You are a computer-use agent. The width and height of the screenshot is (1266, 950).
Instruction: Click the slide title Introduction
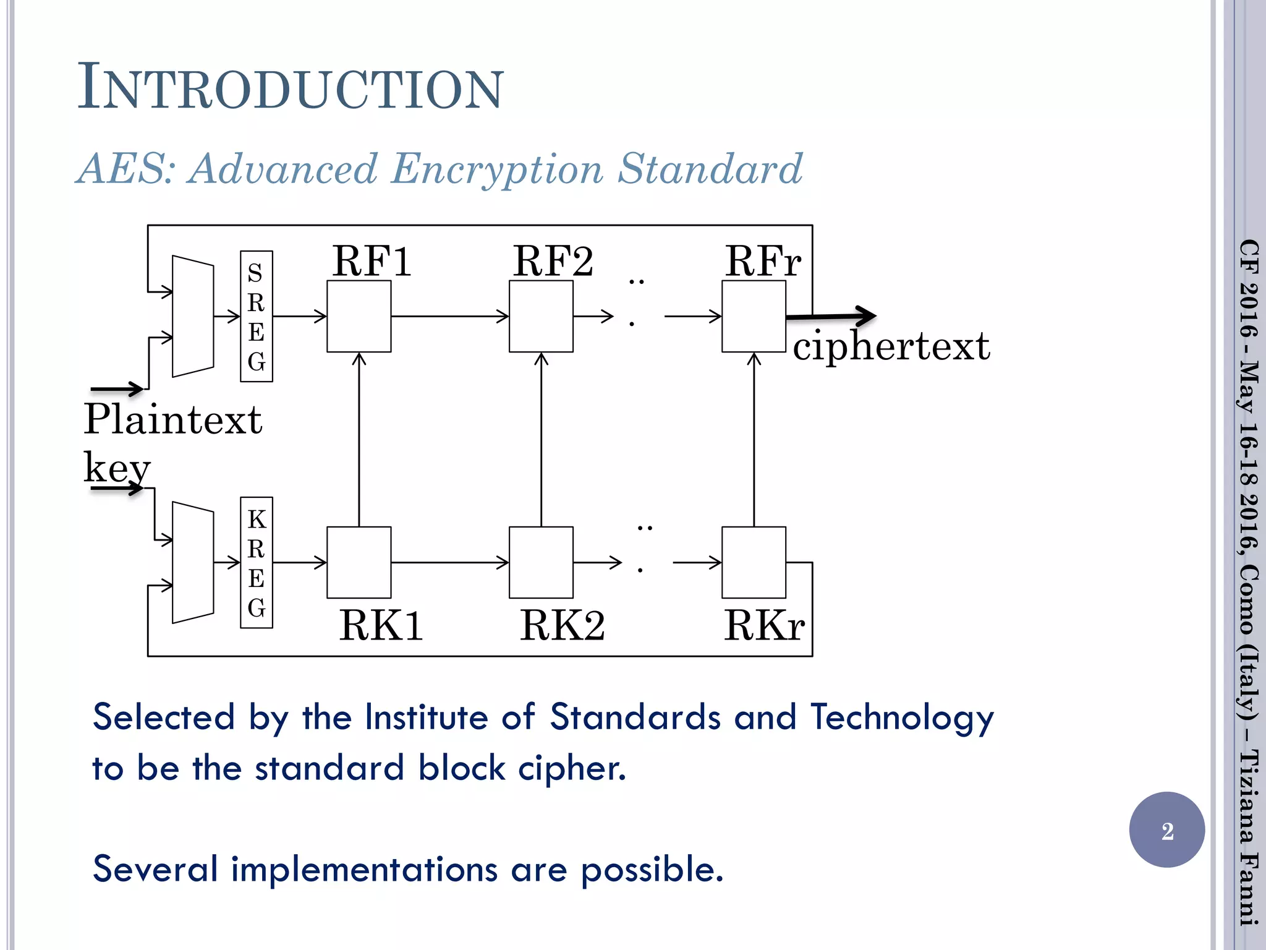tap(291, 88)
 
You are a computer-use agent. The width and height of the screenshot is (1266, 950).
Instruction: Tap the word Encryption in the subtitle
tap(497, 169)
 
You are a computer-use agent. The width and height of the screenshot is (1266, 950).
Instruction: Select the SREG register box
tap(256, 316)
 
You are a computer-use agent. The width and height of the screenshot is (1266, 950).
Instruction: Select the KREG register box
tap(256, 562)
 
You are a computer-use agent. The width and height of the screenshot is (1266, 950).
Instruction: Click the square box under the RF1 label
tap(359, 316)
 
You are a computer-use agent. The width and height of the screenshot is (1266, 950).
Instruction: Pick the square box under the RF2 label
tap(541, 316)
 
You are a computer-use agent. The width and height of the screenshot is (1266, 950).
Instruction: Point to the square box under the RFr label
tap(754, 316)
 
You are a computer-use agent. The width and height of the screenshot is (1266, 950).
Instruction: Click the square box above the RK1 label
tap(359, 562)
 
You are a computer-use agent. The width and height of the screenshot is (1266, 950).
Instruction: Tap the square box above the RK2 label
tap(541, 562)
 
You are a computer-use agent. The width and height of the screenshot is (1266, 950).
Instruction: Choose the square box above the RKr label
tap(754, 562)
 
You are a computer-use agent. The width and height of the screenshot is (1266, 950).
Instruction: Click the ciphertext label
tap(891, 346)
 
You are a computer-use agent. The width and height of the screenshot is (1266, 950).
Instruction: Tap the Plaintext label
tap(173, 420)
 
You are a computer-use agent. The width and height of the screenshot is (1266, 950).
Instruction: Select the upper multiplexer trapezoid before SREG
tap(193, 316)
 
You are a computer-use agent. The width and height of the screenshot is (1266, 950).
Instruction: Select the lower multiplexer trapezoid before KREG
tap(193, 562)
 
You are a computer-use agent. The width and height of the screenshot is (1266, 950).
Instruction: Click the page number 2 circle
tap(1166, 830)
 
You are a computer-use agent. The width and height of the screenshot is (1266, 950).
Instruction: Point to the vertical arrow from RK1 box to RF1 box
tap(359, 439)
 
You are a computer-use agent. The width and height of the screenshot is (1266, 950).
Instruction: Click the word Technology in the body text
tap(901, 718)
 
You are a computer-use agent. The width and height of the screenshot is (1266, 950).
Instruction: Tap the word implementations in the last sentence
tap(364, 870)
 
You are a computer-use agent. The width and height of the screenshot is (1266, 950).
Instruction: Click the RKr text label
tap(764, 626)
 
